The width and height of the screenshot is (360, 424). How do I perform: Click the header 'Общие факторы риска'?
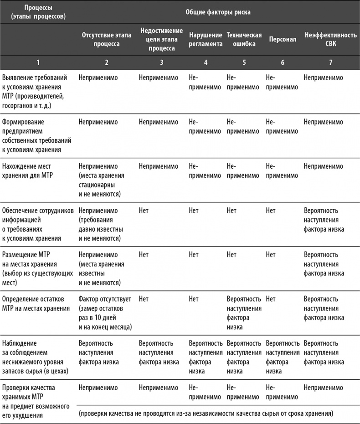(217, 12)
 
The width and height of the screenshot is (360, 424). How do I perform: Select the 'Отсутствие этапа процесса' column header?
(101, 40)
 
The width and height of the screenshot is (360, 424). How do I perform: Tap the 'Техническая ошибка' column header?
(244, 40)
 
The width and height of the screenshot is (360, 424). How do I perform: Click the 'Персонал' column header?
(282, 40)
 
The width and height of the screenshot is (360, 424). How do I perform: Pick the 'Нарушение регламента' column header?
(206, 40)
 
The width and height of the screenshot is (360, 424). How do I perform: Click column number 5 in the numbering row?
(244, 62)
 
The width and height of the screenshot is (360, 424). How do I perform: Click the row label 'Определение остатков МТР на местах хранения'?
(36, 304)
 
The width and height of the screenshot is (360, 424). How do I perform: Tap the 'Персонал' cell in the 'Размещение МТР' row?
(270, 255)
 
